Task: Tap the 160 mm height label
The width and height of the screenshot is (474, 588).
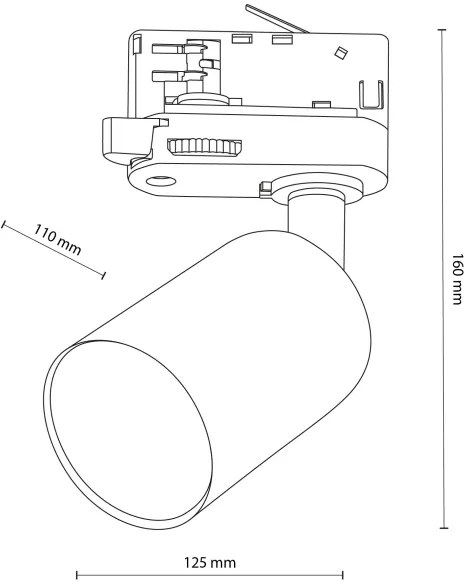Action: (455, 277)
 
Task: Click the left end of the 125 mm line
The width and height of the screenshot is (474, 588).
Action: (77, 575)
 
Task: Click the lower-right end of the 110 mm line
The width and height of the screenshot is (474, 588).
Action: (102, 275)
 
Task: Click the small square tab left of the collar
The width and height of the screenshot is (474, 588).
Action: (265, 185)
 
